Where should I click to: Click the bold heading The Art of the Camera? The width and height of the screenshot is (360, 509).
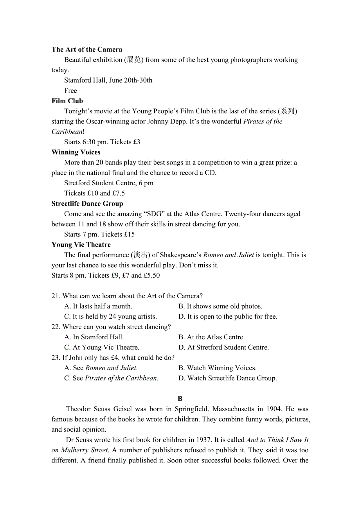point(87,50)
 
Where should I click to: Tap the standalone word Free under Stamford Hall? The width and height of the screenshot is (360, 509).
point(70,91)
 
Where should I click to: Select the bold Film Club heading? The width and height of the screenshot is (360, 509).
point(67,101)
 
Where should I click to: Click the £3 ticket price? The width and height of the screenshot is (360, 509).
point(137,142)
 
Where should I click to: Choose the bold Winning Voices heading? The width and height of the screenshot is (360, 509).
point(76,152)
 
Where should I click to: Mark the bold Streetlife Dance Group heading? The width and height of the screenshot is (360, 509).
point(87,204)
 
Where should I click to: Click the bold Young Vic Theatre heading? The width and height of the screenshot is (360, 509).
point(81,245)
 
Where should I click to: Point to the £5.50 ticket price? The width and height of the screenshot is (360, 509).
point(152,276)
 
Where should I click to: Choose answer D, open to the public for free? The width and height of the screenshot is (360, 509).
point(228,317)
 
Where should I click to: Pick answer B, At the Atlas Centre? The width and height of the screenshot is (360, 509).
point(211,337)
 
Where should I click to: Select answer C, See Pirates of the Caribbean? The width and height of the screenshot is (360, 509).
point(111,378)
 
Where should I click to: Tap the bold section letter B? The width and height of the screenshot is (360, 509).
point(180,399)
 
